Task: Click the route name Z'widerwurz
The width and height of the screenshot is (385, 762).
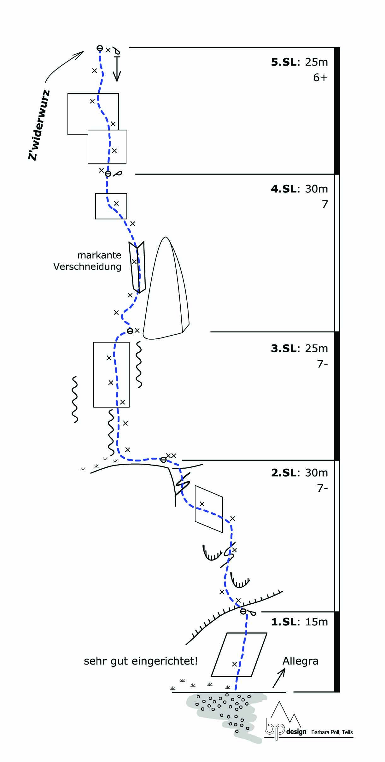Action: tap(39, 125)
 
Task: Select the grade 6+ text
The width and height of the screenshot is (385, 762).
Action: tap(320, 78)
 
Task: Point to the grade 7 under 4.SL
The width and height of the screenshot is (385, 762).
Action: tap(325, 204)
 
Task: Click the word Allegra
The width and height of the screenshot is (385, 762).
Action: tap(300, 661)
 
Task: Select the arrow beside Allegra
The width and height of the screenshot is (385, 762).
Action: tap(279, 678)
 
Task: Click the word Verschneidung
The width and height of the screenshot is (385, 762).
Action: tap(87, 267)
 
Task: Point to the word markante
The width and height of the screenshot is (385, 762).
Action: tap(99, 255)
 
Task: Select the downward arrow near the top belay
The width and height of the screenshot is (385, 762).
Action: tap(117, 69)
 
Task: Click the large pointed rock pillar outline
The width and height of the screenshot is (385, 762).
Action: tap(166, 293)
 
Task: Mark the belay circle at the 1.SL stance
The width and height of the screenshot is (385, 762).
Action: tap(243, 612)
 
